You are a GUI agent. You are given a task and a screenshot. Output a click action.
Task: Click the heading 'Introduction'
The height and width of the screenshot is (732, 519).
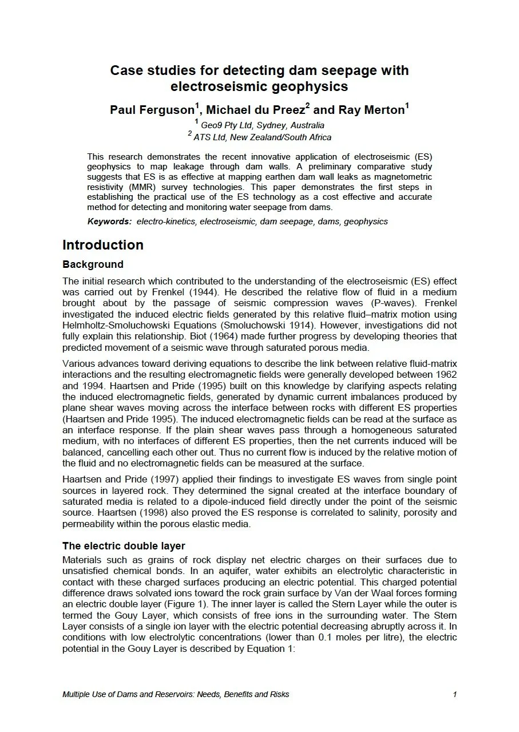103,245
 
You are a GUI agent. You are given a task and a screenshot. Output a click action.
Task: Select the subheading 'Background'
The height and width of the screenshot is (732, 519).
93,264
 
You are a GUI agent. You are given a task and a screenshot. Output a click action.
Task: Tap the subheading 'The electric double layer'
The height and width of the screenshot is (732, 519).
124,545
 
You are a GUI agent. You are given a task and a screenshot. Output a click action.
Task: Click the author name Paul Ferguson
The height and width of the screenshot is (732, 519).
152,110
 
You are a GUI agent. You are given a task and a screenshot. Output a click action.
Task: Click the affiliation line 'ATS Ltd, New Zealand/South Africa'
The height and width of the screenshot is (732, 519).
262,137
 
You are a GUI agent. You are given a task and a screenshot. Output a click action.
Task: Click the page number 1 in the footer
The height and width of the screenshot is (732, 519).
454,694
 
